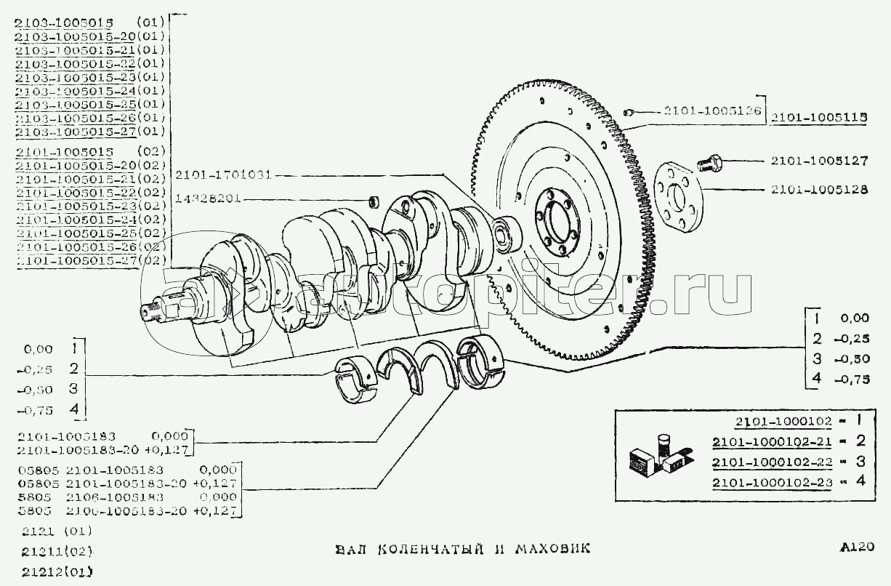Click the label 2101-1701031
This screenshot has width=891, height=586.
(x=223, y=174)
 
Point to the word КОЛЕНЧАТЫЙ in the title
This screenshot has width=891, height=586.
(x=429, y=547)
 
